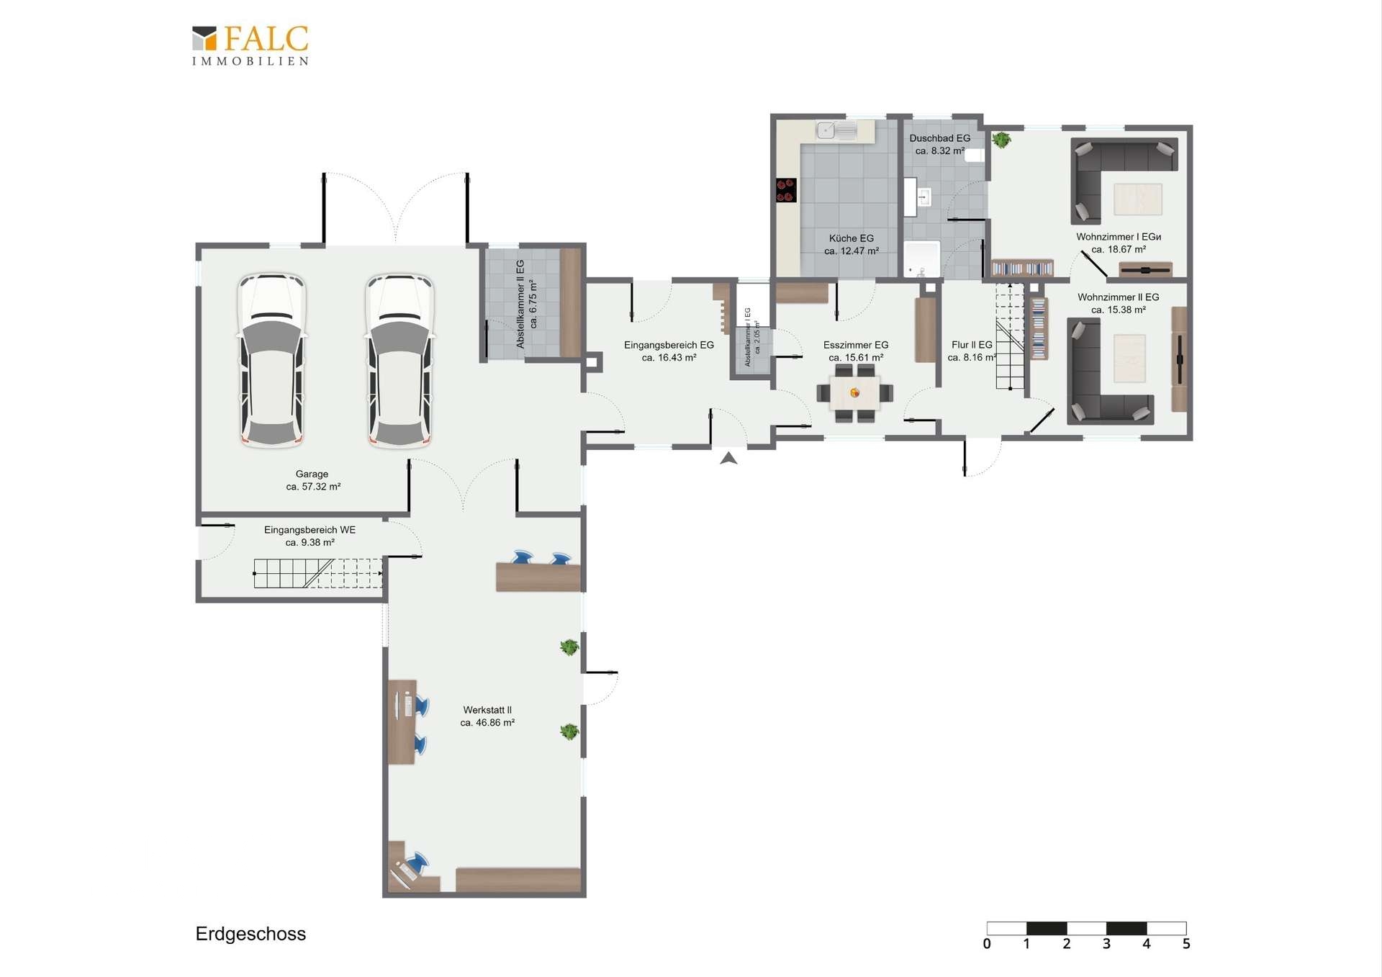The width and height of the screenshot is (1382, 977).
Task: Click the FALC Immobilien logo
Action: [x=250, y=45]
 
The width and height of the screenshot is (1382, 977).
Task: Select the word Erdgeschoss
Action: [x=250, y=934]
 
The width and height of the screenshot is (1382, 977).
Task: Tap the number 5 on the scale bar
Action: [x=1186, y=944]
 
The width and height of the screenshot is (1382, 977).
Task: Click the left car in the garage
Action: [x=272, y=360]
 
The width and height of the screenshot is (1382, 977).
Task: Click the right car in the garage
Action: [x=399, y=360]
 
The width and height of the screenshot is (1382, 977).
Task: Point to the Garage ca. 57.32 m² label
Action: [x=312, y=480]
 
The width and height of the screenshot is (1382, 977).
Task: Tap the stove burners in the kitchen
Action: [x=786, y=190]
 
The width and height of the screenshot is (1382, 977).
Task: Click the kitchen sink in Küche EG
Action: [x=836, y=130]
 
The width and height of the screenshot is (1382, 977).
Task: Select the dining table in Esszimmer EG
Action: [x=854, y=393]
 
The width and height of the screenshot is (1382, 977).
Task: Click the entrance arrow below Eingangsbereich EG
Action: [x=728, y=458]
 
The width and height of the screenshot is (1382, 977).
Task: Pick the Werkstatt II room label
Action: [x=487, y=716]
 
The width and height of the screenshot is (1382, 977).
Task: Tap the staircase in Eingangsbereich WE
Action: [x=317, y=573]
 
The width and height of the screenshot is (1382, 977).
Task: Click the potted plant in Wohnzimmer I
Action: [x=1001, y=140]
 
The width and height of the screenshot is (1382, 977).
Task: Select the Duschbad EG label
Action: [x=940, y=144]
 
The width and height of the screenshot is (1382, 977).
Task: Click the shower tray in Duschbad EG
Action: [x=922, y=259]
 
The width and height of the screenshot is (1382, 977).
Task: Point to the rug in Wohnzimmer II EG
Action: [x=1129, y=359]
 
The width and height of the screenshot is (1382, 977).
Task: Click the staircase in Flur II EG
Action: [x=1010, y=336]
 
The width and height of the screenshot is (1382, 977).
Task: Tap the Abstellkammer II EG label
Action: [x=526, y=304]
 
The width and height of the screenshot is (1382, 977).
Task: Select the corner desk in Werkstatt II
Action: [x=412, y=869]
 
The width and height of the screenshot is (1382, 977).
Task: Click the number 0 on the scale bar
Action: [x=987, y=944]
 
